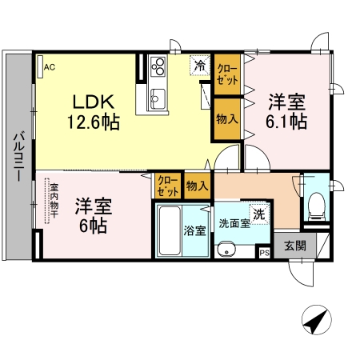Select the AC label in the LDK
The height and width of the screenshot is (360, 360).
[49, 67]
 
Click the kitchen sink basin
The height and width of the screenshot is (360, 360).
[157, 98]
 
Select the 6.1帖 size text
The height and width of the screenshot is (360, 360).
[286, 122]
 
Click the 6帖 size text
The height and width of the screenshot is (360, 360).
[94, 225]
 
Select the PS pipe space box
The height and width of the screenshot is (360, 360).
[264, 252]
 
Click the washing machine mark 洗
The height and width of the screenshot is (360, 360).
[258, 214]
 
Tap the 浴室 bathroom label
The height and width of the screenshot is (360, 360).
[195, 230]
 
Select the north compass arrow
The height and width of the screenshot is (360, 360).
[315, 321]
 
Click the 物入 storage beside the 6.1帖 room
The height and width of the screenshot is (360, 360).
[226, 118]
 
